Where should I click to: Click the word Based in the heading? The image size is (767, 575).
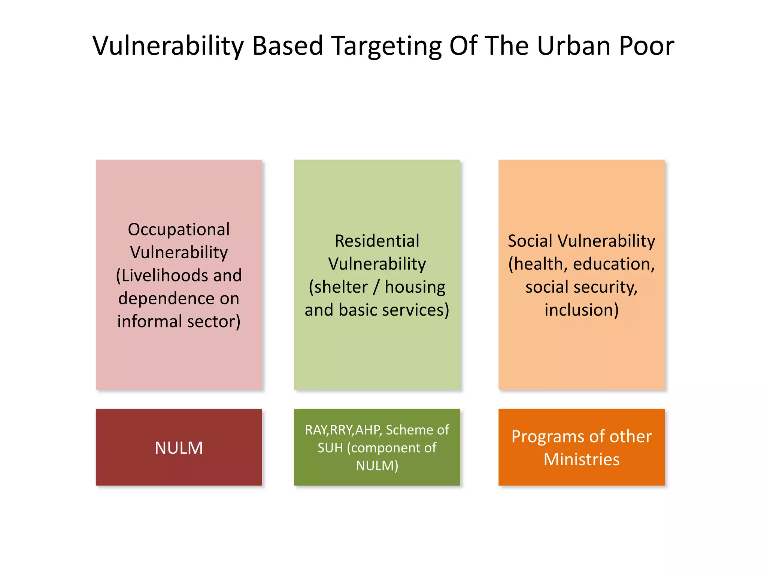point(287,46)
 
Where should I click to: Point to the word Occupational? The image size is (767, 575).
point(179,229)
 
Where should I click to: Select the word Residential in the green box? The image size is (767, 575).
point(377,241)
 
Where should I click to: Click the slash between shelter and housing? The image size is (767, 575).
point(377,287)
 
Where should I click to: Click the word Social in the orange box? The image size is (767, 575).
point(530,241)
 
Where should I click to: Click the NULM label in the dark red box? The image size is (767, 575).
point(179,448)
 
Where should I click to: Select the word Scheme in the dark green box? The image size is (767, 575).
point(410,430)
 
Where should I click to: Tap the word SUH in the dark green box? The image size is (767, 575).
point(330,448)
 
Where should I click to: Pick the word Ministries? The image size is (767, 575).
point(581,459)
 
